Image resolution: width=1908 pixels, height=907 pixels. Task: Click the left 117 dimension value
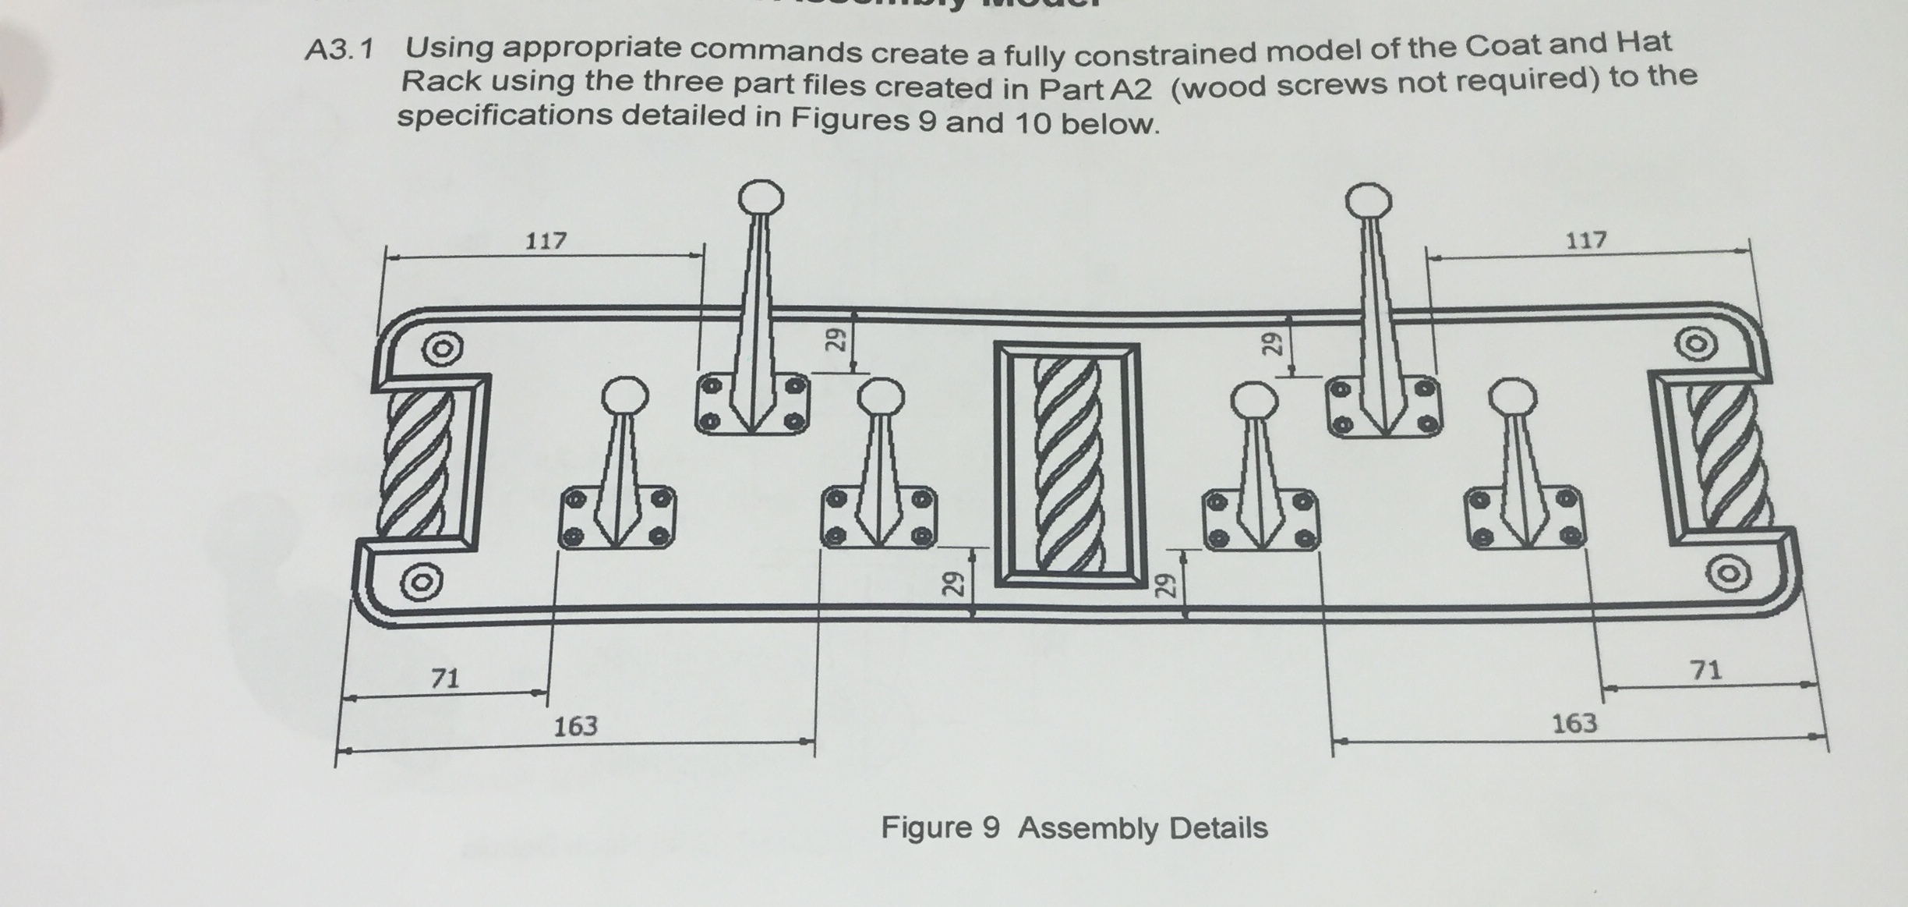546,240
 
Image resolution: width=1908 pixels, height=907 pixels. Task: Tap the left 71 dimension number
445,678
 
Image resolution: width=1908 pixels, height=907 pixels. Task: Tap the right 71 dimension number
1706,670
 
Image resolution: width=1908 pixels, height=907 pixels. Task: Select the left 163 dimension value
575,727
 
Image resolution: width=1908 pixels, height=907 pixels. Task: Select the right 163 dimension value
1574,724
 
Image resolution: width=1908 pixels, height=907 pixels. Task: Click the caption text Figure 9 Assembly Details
1073,827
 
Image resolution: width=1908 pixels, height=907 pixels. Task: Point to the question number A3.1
340,51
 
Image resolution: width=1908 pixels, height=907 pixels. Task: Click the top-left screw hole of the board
441,349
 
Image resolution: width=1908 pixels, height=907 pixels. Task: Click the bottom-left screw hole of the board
421,582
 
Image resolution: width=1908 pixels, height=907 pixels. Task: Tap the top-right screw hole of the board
1697,344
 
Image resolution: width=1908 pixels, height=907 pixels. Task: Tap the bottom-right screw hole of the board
1728,574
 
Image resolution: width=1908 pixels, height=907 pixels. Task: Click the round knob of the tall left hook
761,198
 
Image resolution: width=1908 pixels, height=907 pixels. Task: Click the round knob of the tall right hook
1368,201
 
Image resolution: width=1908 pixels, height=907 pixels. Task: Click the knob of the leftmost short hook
624,396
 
